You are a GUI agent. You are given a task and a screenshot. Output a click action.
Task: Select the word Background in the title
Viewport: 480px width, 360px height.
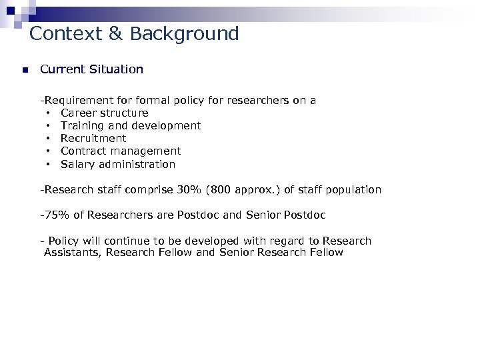(185, 33)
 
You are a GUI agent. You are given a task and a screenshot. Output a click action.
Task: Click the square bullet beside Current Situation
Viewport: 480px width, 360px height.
(23, 69)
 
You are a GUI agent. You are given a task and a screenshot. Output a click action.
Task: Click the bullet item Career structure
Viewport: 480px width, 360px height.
(105, 113)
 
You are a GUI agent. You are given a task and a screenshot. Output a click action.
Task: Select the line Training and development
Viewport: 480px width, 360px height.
(131, 125)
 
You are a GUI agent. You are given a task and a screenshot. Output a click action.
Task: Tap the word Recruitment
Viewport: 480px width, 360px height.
(93, 138)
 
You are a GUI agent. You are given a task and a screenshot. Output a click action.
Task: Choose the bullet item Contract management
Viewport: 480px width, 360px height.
(121, 151)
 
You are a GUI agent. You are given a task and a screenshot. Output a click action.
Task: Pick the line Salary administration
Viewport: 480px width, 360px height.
(118, 163)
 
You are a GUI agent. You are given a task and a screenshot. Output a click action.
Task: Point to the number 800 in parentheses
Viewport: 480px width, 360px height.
(223, 189)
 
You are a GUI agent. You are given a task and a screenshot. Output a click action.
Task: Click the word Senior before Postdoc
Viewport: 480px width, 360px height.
(265, 215)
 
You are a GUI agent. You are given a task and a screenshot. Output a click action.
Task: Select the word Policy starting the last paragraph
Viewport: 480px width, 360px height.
(63, 241)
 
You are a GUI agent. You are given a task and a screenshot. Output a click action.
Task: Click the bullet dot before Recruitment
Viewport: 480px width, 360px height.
(49, 138)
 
